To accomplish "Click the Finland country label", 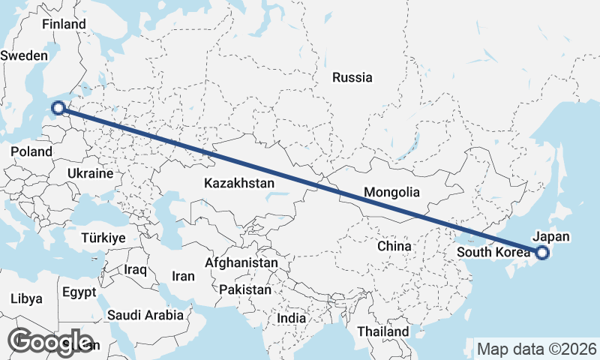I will pos(64,24).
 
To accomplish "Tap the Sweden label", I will pos(24,55).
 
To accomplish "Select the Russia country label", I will pos(352,76).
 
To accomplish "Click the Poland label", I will pos(31,151).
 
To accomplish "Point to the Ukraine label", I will pos(90,173).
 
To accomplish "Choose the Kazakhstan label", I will pos(238,182).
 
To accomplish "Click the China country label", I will pos(394,246).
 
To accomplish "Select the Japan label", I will pos(550,237).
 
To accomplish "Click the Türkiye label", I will pos(103,238).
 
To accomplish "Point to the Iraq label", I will pos(136,269).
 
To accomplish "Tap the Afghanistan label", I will pos(241,263).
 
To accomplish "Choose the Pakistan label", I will pos(246,289).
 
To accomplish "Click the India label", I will pos(291,318).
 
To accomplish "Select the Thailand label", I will pos(383,331).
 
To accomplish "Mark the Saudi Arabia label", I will pos(145,315).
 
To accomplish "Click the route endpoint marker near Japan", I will pos(541,253).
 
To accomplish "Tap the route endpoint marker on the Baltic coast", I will pos(58,109).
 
